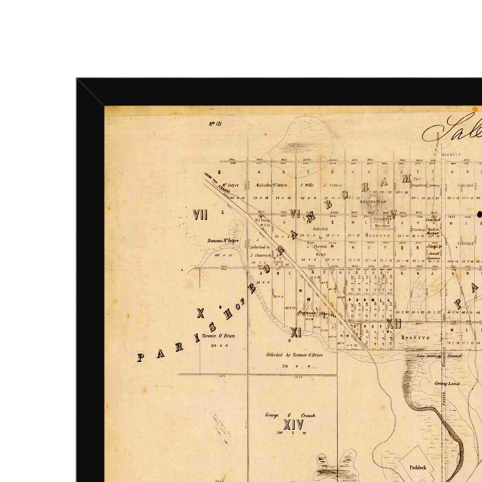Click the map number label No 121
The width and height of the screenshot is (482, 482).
coord(215,124)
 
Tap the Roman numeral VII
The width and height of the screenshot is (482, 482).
coord(200,215)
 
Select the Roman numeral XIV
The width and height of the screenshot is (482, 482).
coord(293,424)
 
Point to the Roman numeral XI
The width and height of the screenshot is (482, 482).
coord(296,333)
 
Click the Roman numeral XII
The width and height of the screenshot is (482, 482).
coord(394,324)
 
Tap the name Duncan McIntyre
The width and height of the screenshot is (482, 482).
coord(223,241)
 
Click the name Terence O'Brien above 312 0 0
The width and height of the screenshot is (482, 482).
coord(218,336)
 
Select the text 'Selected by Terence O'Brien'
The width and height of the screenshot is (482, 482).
coord(294,355)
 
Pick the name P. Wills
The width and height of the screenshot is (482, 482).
coord(307,185)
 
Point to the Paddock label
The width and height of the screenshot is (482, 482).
coord(418,468)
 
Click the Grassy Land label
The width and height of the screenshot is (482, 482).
coord(447,384)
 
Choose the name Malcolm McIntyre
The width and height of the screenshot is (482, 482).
coord(271,185)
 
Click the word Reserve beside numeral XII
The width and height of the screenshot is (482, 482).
coord(415,338)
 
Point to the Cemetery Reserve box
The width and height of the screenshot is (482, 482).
coord(382,222)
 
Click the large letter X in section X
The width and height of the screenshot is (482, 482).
coord(200,314)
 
